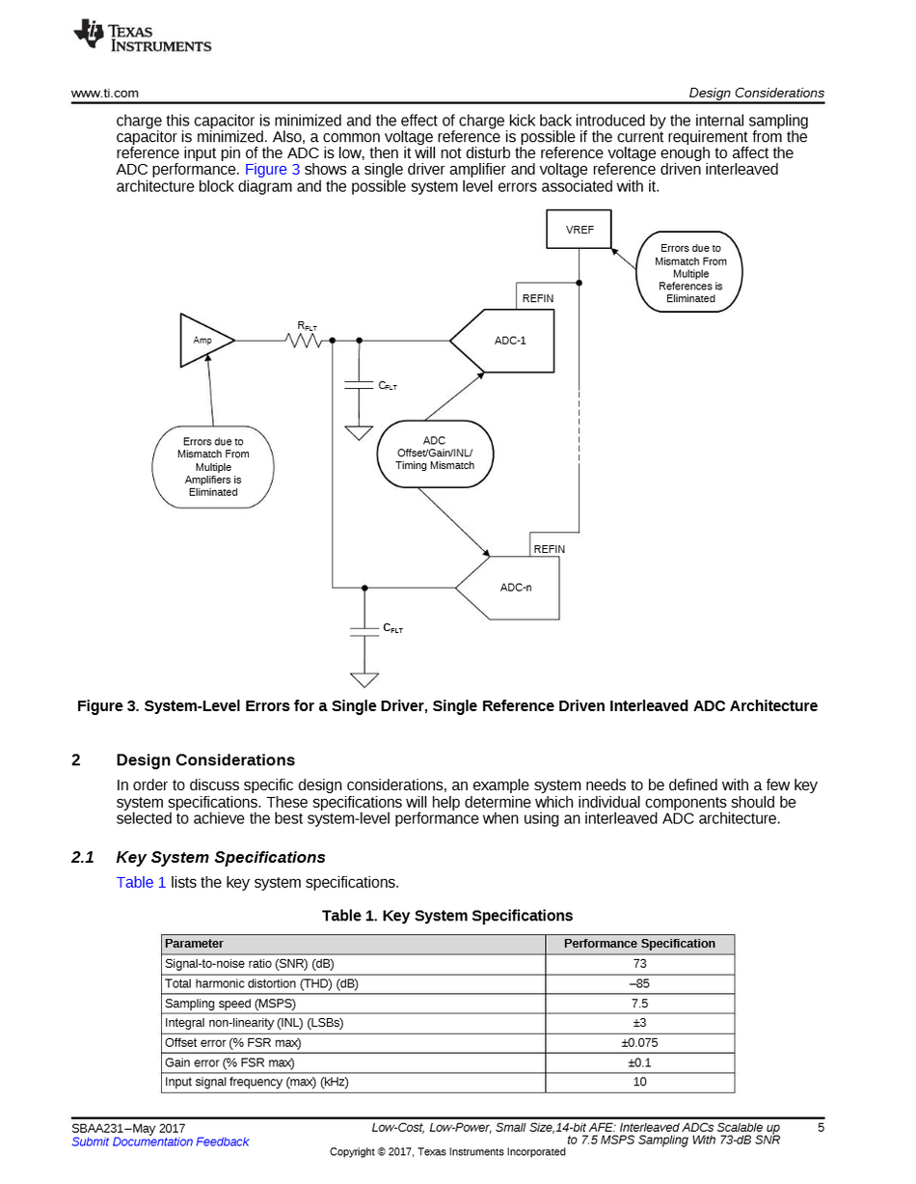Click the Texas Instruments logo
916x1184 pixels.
coord(142,37)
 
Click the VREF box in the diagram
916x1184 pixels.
coord(579,230)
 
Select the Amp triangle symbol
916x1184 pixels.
coord(204,340)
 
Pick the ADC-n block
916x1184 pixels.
coord(511,588)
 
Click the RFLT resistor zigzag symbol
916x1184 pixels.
coord(305,340)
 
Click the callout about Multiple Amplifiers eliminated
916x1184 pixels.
coord(213,467)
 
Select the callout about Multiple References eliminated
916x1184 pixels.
coord(690,273)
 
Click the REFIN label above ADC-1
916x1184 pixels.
coord(538,299)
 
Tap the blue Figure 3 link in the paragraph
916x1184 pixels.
coord(272,170)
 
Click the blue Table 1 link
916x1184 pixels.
coord(141,882)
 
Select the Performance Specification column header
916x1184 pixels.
coord(639,944)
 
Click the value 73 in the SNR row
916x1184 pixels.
coord(639,963)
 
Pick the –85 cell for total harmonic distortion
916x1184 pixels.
coord(639,983)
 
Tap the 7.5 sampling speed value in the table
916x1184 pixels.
coord(639,1003)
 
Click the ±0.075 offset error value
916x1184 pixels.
coord(639,1042)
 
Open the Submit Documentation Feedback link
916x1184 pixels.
coord(160,1143)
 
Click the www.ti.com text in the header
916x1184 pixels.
coord(105,94)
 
